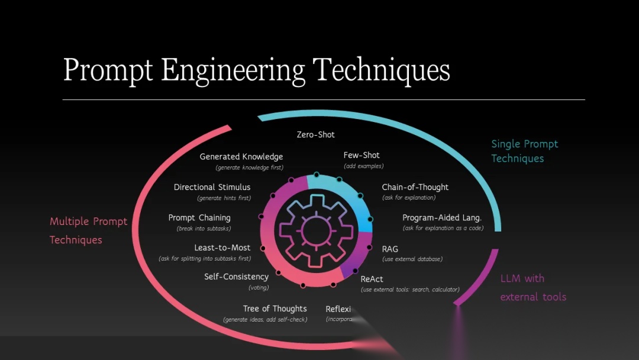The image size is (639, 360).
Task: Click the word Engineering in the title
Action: point(233,70)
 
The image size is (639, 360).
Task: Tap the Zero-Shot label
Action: point(315,134)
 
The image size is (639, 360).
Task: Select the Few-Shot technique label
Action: point(362,155)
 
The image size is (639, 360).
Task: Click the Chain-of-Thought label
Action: point(415,187)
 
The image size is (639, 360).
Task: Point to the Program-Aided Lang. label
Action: point(442,217)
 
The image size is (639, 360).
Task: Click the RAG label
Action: point(390,249)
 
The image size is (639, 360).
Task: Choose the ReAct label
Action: point(372,279)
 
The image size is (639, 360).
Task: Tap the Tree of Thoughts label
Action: point(275,308)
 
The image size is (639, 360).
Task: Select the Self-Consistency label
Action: point(236,277)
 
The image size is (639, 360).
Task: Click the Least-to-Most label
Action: point(222,247)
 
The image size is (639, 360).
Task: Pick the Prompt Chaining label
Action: point(199,217)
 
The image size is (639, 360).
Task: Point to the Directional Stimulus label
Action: point(212,187)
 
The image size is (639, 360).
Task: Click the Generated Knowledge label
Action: point(241,157)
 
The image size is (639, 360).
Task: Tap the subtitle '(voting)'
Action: point(259,288)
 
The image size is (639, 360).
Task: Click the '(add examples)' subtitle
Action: point(363,166)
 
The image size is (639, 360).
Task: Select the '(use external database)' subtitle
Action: point(412,259)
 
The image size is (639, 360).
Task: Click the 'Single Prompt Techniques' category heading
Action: point(524,151)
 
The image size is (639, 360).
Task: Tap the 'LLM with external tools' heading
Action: point(532,288)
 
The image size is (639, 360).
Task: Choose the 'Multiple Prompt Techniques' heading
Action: point(88,230)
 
